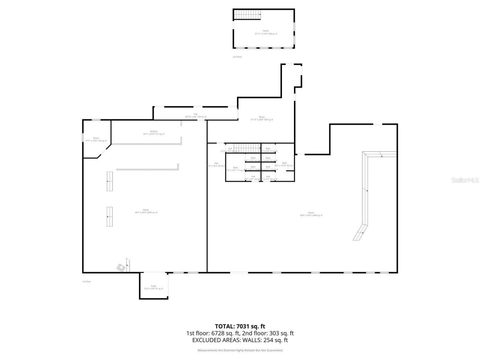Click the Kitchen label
pos(153,133)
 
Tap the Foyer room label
pos(153,287)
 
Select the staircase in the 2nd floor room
pos(248,15)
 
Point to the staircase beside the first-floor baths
pos(243,147)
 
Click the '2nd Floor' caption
pos(237,57)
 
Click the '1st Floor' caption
pos(87,282)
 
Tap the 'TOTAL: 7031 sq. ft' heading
pos(240,326)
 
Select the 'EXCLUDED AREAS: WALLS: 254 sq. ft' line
pos(240,340)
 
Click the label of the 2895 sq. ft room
pos(146,211)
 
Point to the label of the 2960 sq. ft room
pos(311,214)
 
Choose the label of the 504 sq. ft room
pos(261,118)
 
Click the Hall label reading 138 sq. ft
pos(195,115)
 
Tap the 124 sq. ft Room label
pos(96,139)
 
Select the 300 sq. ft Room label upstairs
pos(265,32)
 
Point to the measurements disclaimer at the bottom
pos(240,350)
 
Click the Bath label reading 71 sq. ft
pos(235,169)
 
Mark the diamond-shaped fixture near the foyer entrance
pos(121,268)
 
